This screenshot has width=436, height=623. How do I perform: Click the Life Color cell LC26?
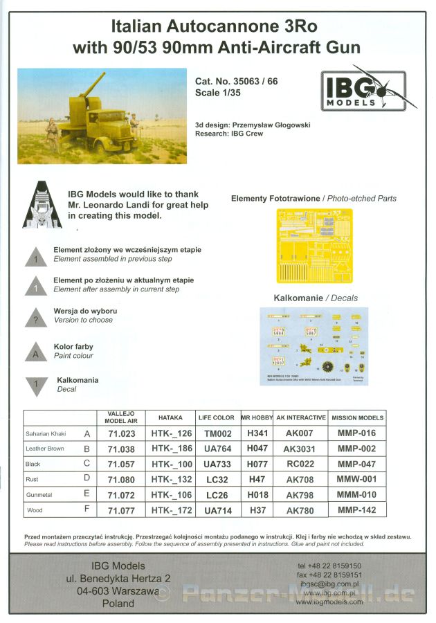click(x=216, y=495)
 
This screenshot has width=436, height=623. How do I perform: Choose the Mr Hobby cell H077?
click(x=257, y=464)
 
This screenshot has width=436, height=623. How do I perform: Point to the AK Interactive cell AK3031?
click(x=300, y=449)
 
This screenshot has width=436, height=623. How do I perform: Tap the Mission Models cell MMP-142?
click(x=356, y=510)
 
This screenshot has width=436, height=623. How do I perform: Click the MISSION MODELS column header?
click(x=357, y=418)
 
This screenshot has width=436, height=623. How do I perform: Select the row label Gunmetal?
click(x=39, y=495)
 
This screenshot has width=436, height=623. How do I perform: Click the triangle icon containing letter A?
click(x=35, y=352)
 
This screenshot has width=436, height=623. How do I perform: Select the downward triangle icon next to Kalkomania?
click(x=35, y=384)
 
